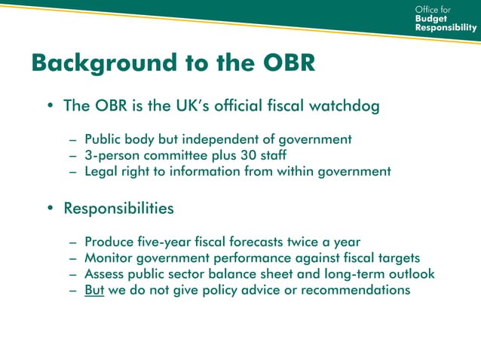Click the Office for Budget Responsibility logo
(446, 18)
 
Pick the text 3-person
(111, 155)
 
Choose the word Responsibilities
(119, 207)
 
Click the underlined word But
(94, 289)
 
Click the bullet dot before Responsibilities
(51, 208)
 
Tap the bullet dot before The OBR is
(51, 107)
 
